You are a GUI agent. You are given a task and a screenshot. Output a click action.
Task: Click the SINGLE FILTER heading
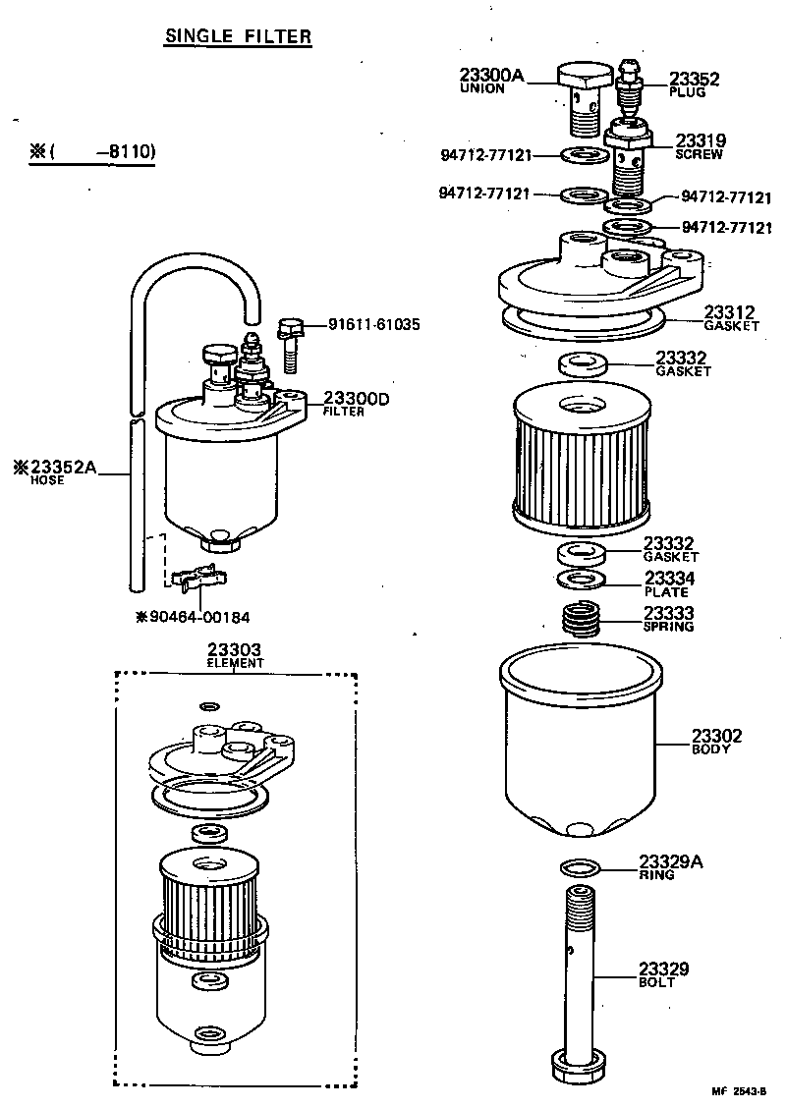(238, 37)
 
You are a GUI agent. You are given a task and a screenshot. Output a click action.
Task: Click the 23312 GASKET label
(731, 318)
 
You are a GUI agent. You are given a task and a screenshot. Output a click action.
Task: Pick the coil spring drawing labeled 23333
(586, 619)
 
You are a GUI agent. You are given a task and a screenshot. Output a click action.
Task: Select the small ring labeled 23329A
(580, 866)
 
